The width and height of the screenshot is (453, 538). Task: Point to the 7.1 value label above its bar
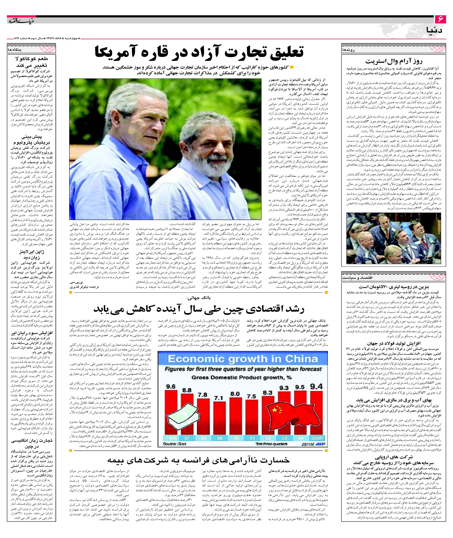coord(219,398)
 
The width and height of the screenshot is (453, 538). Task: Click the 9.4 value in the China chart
coord(316,386)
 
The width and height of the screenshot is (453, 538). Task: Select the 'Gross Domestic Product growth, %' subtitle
coord(241,378)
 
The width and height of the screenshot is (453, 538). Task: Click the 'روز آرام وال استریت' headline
coord(394,61)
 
